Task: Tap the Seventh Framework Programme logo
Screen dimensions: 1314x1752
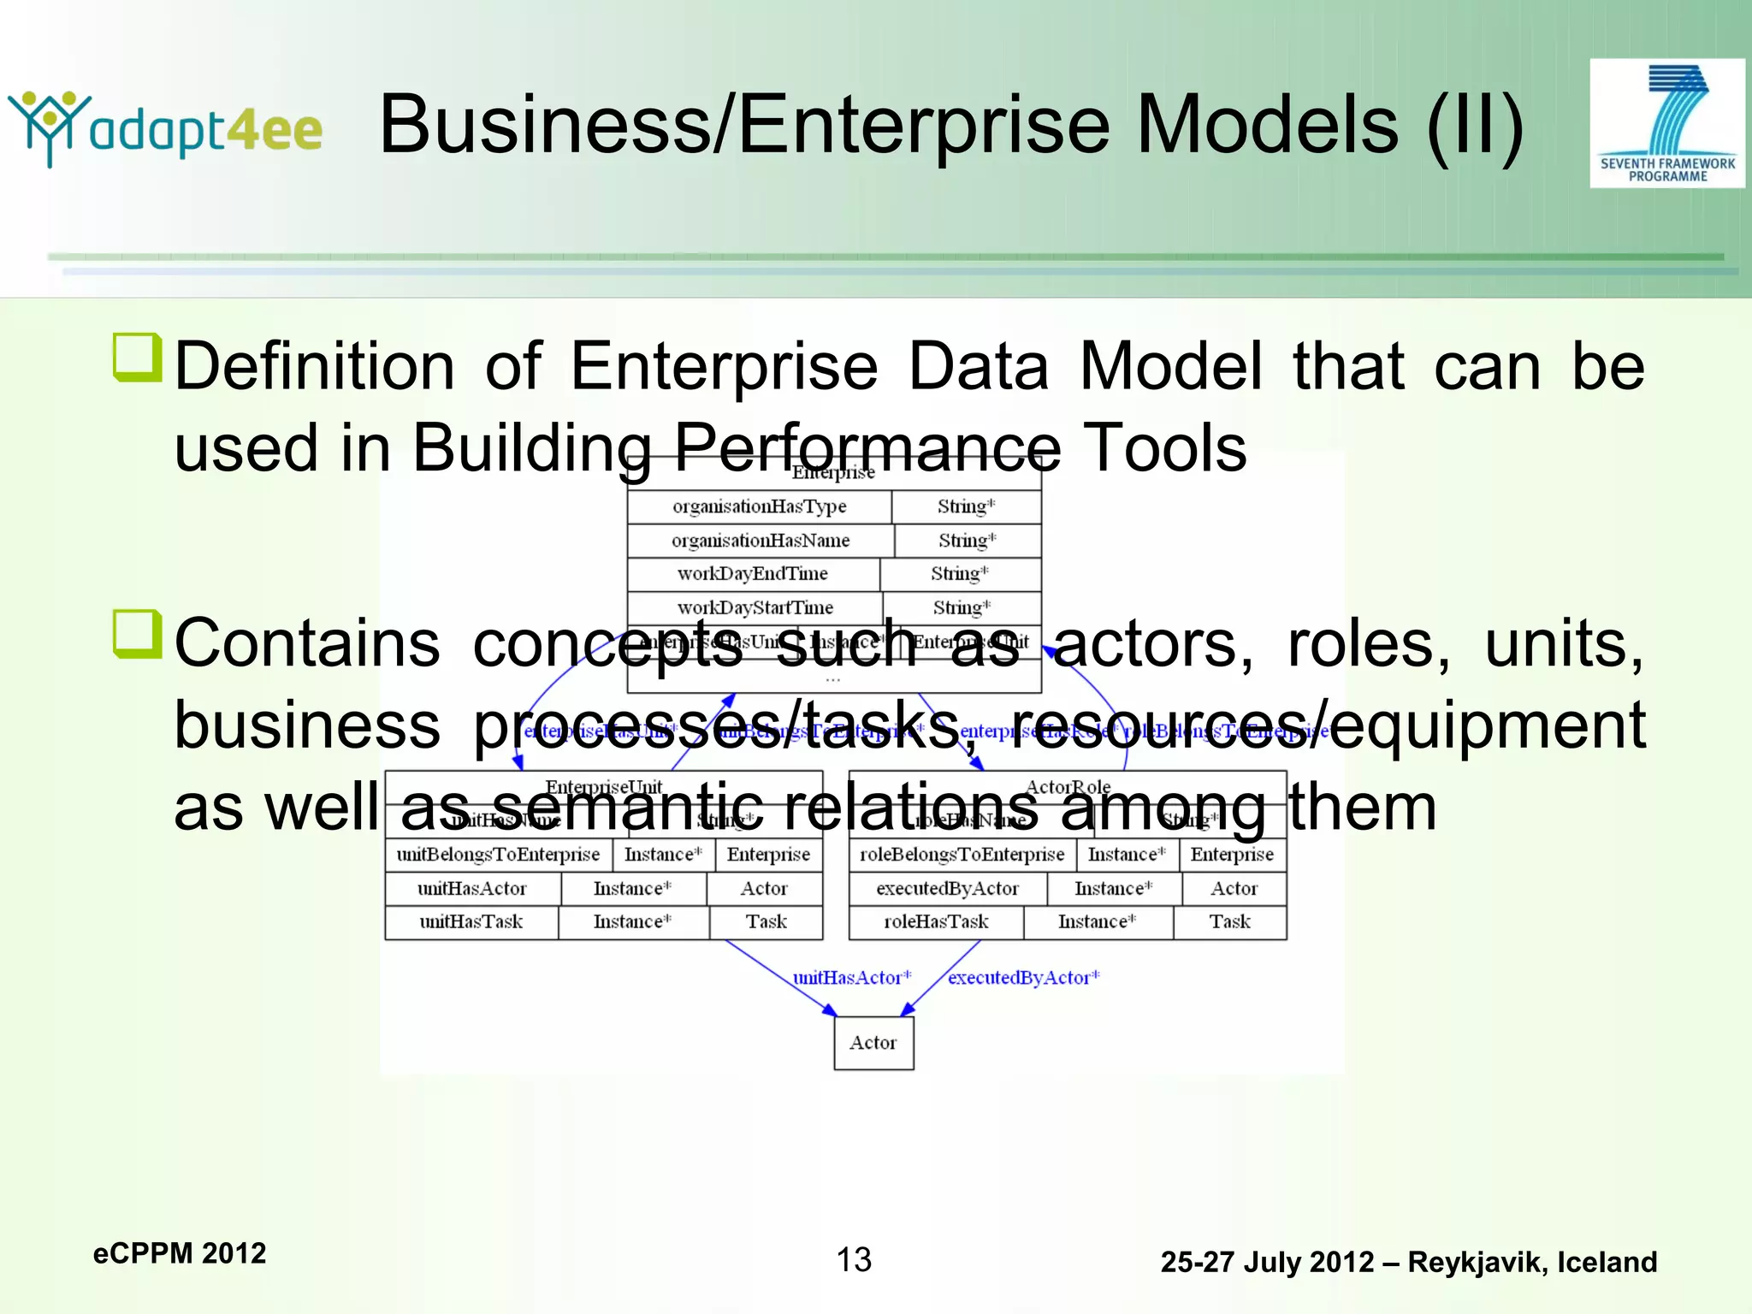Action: (x=1666, y=123)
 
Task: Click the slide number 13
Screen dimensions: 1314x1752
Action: (x=853, y=1259)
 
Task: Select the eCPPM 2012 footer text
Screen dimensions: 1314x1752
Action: (x=180, y=1253)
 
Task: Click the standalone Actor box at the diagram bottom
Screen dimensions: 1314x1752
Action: (x=873, y=1043)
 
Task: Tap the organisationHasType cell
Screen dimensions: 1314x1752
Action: (x=759, y=506)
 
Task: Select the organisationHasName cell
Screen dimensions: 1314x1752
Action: (x=761, y=541)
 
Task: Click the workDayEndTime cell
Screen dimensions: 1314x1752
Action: (x=753, y=574)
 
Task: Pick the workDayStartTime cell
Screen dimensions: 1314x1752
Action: (x=755, y=608)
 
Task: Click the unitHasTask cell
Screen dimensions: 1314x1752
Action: (x=471, y=922)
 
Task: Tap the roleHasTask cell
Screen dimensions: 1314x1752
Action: (x=936, y=922)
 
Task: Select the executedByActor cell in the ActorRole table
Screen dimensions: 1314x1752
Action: (x=947, y=889)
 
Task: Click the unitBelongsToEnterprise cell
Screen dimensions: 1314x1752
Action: (x=498, y=855)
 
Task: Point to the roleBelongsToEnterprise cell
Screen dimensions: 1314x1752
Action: (x=962, y=855)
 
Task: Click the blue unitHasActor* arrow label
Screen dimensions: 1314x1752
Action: (x=852, y=978)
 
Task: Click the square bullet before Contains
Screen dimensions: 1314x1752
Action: (x=137, y=635)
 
